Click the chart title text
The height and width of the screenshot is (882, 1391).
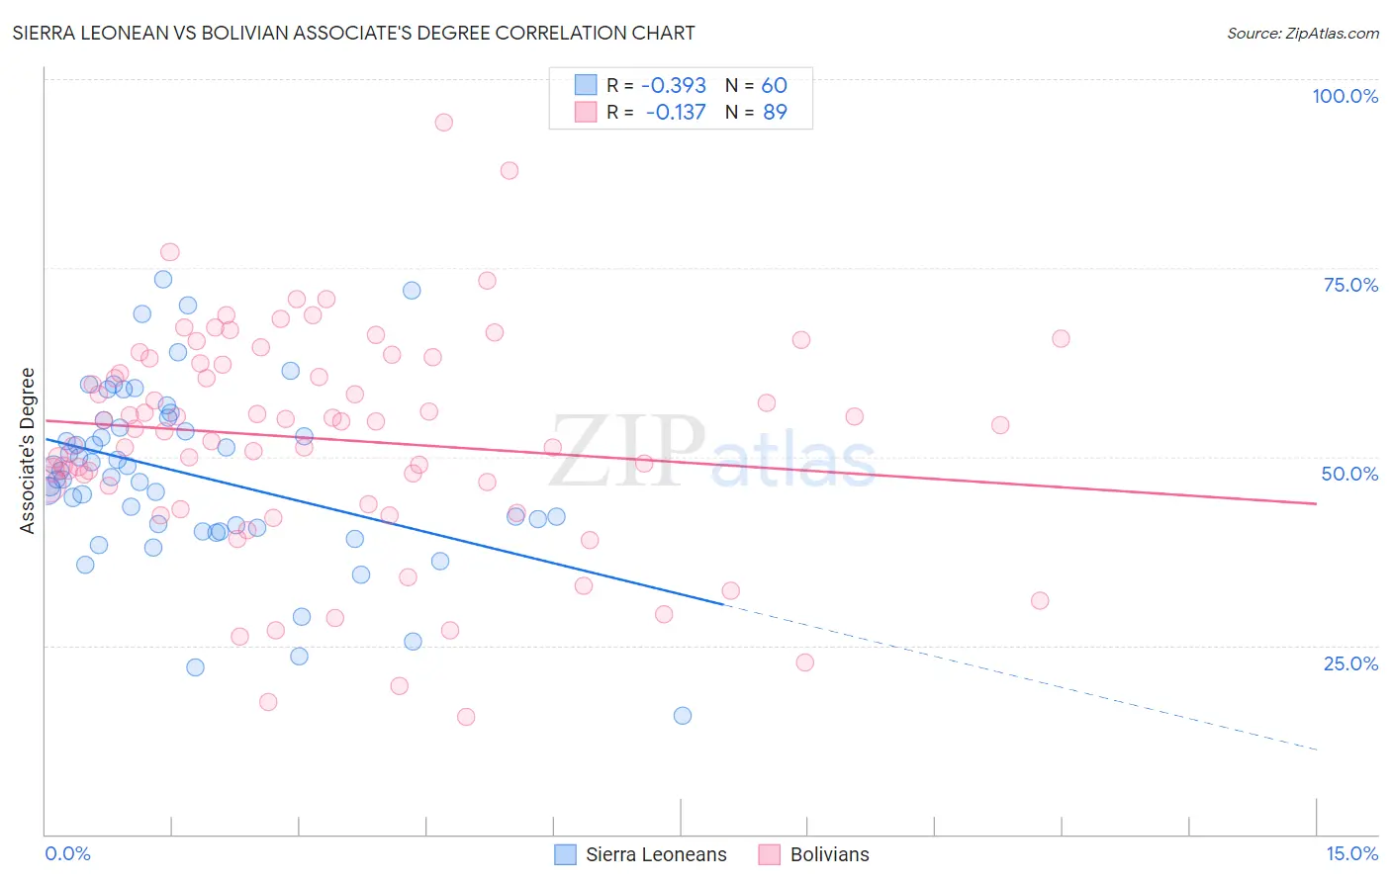(x=353, y=33)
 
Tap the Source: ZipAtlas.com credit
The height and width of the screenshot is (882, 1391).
(x=1302, y=33)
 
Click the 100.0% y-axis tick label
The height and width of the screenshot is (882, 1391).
(x=1345, y=96)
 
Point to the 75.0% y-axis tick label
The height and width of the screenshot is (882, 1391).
(x=1350, y=285)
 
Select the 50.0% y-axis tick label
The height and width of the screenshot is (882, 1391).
(x=1349, y=474)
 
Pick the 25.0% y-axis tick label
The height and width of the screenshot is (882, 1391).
(x=1350, y=662)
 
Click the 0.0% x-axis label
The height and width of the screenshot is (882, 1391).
(x=67, y=853)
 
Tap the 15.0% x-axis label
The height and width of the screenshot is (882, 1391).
(x=1351, y=853)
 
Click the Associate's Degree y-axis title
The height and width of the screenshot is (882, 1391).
(x=28, y=451)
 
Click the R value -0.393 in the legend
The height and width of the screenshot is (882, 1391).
(x=674, y=85)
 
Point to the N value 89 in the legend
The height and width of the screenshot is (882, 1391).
(x=775, y=112)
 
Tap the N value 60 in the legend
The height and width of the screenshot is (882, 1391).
(x=774, y=85)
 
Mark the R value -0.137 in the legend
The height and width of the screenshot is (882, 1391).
(x=676, y=112)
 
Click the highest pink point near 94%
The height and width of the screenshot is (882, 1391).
(x=443, y=123)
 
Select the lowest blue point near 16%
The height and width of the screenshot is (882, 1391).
(x=682, y=716)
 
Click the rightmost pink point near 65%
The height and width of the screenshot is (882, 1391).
(x=1061, y=339)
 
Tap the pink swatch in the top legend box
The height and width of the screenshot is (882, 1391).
(x=586, y=112)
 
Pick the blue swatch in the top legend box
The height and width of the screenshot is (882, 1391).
(x=586, y=85)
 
